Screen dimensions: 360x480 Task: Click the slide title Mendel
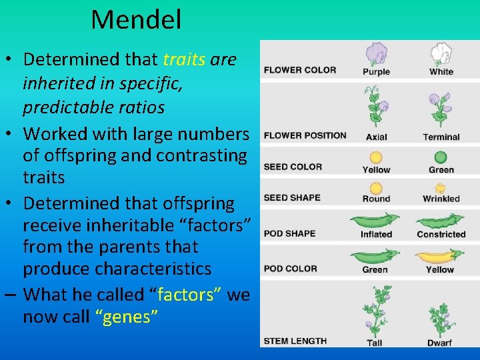[136, 20]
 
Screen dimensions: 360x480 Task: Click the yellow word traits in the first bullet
[184, 59]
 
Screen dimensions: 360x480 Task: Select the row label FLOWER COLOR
[299, 70]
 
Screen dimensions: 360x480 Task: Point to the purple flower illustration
[376, 53]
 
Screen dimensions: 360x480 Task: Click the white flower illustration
[441, 53]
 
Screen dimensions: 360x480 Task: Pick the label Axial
[376, 137]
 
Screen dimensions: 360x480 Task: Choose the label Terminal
[441, 137]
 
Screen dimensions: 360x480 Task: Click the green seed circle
[441, 157]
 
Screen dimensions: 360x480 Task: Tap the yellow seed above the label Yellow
[376, 157]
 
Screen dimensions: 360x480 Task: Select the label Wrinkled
[441, 199]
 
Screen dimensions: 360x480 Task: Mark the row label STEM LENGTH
[295, 341]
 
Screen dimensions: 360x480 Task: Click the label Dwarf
[440, 343]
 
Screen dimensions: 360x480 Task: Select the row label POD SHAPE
[289, 234]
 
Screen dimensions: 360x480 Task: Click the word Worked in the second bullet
[55, 133]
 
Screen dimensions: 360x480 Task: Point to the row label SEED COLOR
[293, 167]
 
